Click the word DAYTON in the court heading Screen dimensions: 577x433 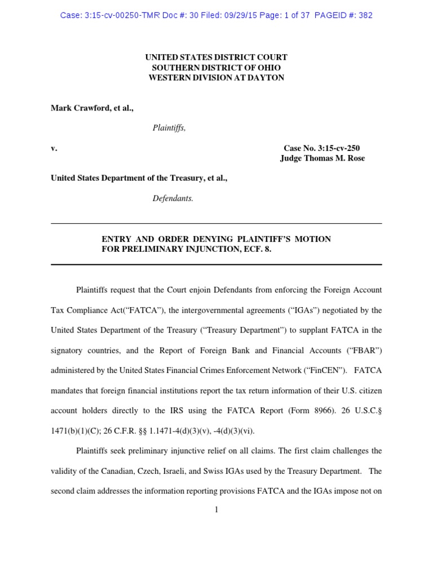pyautogui.click(x=270, y=78)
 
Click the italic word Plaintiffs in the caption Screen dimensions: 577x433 pyautogui.click(x=169, y=128)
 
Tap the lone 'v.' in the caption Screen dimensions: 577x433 pyautogui.click(x=54, y=148)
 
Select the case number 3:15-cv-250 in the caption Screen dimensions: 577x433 pyautogui.click(x=338, y=148)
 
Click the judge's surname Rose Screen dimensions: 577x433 pyautogui.click(x=355, y=158)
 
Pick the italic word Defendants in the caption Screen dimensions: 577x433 pyautogui.click(x=173, y=198)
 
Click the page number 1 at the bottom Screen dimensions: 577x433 pyautogui.click(x=216, y=510)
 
